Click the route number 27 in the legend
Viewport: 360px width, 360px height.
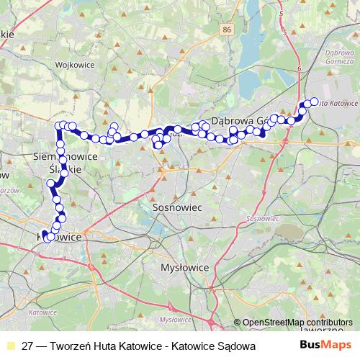28,346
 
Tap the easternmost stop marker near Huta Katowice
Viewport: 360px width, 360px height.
314,102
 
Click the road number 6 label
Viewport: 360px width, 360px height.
297,67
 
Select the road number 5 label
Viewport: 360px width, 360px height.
285,32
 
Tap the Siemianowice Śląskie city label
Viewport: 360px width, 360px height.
65,161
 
